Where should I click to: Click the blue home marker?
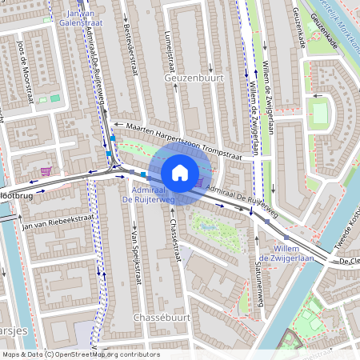point(179,172)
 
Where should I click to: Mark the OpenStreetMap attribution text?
point(81,354)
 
